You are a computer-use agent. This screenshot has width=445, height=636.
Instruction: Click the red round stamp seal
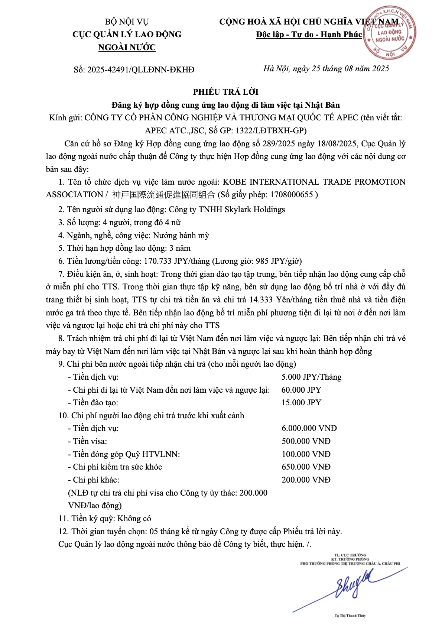click(x=389, y=33)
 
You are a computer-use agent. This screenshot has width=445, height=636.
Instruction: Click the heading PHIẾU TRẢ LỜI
click(x=225, y=92)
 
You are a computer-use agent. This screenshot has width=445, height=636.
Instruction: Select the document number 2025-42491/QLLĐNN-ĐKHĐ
click(x=141, y=69)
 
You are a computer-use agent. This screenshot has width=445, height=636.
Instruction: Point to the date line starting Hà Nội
click(x=326, y=68)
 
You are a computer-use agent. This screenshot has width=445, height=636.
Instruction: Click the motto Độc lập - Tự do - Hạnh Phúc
click(x=309, y=35)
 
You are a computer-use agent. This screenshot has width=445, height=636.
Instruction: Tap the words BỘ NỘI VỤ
click(x=127, y=22)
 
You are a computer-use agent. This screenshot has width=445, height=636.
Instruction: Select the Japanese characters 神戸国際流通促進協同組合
click(x=164, y=195)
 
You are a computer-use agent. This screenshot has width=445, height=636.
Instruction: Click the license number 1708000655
click(x=292, y=195)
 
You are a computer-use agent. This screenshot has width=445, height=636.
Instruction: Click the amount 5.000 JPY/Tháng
click(x=311, y=377)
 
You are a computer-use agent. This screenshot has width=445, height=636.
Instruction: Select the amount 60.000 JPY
click(x=301, y=390)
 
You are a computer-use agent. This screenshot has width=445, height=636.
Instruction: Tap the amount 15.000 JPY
click(x=301, y=403)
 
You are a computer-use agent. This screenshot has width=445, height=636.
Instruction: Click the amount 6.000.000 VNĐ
click(x=309, y=428)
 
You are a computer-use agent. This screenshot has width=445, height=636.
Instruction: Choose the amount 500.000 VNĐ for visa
click(x=306, y=441)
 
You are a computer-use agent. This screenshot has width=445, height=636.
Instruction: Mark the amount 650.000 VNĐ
click(x=306, y=467)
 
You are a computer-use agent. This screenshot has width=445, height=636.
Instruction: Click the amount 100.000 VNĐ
click(x=306, y=454)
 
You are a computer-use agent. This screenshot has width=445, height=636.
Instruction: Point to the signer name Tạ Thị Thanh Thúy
click(x=350, y=616)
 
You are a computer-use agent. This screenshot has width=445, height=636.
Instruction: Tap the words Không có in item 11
click(x=134, y=519)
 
